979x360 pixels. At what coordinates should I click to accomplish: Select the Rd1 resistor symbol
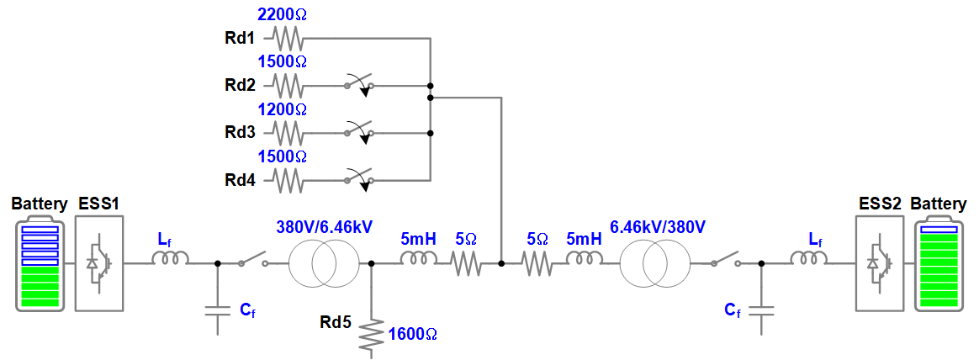[287, 38]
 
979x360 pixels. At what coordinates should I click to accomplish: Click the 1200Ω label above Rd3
[282, 109]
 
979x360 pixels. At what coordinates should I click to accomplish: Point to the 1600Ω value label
[413, 335]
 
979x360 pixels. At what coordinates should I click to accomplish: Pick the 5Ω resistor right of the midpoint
[537, 264]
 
